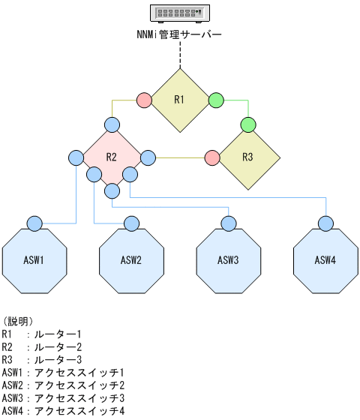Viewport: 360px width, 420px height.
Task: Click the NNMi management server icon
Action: point(180,13)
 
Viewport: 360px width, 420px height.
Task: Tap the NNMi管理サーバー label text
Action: point(180,34)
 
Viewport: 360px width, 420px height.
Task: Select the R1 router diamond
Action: point(180,100)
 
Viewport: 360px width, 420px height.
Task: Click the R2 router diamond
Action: point(112,157)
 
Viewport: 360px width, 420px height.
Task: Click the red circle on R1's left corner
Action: point(145,100)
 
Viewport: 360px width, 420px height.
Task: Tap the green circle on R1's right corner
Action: point(215,100)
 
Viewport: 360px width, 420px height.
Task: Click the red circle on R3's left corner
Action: point(212,157)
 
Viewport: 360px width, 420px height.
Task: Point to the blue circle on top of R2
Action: point(112,124)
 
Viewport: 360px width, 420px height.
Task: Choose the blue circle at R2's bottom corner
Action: point(112,191)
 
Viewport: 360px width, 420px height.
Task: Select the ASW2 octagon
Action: point(132,260)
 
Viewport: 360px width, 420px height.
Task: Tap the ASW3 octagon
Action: point(229,260)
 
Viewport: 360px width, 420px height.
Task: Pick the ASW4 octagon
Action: point(325,260)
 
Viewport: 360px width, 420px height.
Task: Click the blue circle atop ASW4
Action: point(325,223)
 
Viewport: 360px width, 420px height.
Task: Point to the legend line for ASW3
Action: point(63,397)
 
